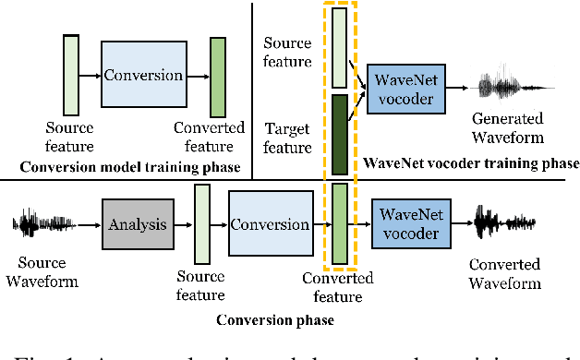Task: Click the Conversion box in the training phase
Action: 142,75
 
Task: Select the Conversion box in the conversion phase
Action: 269,224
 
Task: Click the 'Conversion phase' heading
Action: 274,320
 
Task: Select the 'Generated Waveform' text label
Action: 507,127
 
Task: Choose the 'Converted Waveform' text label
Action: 504,273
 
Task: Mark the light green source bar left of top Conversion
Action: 71,75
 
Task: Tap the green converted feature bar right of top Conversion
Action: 218,75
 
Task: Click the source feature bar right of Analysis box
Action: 202,224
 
